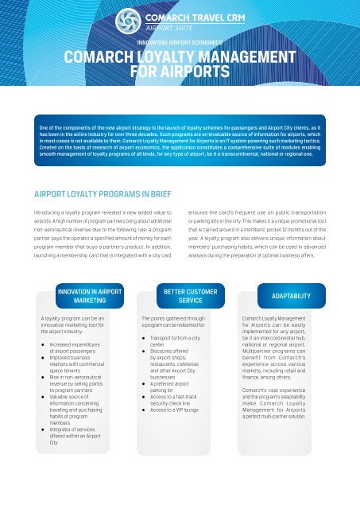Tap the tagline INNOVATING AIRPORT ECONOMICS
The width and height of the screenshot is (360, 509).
[x=180, y=44]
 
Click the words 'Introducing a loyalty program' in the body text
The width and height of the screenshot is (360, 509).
[x=72, y=212]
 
